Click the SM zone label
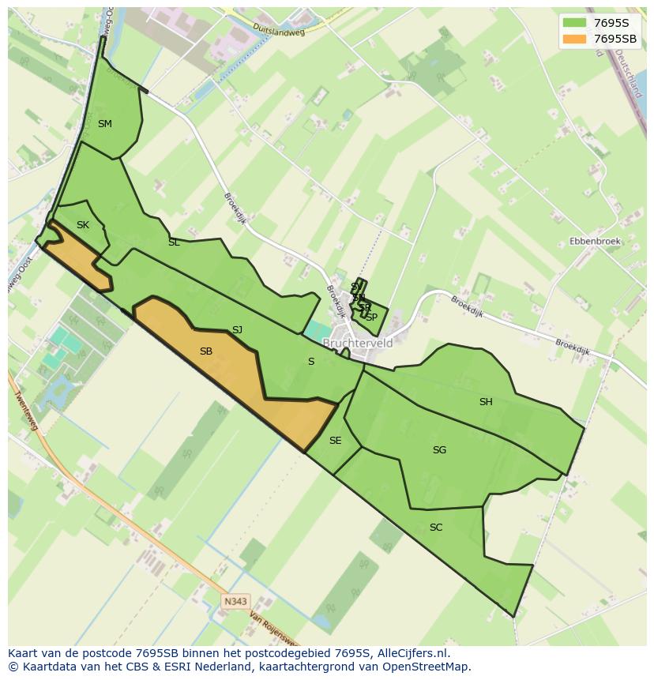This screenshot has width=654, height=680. tap(104, 124)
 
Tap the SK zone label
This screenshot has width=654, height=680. tap(83, 225)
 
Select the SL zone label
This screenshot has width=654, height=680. tap(174, 242)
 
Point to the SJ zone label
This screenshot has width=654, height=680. tap(237, 330)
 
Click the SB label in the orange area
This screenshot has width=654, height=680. tap(206, 351)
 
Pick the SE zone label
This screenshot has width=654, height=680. tap(336, 441)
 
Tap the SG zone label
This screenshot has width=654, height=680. tap(439, 450)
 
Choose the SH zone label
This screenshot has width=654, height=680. tap(486, 402)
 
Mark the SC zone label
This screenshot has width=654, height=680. tap(436, 528)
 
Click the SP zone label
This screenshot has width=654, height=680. tap(371, 317)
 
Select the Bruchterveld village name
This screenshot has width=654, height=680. tap(358, 344)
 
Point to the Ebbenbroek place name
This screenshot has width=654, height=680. tap(595, 241)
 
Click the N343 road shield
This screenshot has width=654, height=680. tap(235, 601)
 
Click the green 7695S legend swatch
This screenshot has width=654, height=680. tap(574, 23)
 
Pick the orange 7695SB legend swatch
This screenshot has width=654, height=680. tap(574, 39)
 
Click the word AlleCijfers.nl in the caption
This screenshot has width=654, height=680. tap(413, 653)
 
